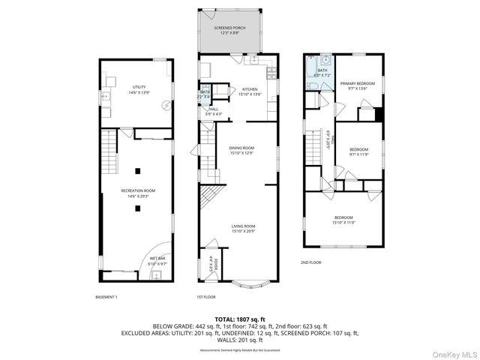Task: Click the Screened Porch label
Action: coord(234,29)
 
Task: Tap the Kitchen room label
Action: coord(249,91)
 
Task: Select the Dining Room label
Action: coord(241,150)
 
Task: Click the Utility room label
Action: coord(139,89)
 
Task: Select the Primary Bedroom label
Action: coord(357,85)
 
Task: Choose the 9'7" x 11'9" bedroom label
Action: coord(358,151)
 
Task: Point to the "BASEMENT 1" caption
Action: coord(106,298)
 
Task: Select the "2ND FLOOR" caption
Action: coord(311,262)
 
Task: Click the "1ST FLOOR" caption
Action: coord(207,298)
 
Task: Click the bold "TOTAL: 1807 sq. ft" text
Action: coord(240,319)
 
